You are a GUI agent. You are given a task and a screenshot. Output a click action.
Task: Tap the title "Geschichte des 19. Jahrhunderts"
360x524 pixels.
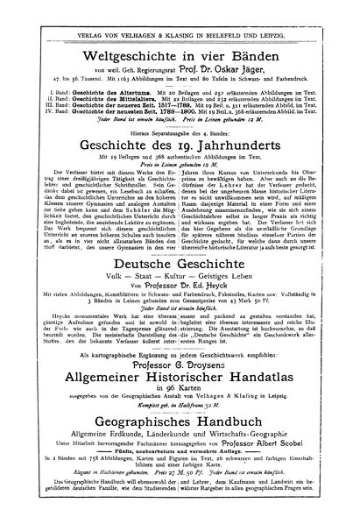coord(180,145)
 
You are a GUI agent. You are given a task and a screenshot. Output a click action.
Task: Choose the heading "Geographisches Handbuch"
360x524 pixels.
coord(180,430)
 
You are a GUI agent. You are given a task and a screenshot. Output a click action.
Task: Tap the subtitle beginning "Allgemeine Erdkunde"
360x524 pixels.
coord(180,444)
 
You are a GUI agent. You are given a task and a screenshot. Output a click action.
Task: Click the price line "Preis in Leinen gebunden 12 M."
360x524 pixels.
coord(180,164)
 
